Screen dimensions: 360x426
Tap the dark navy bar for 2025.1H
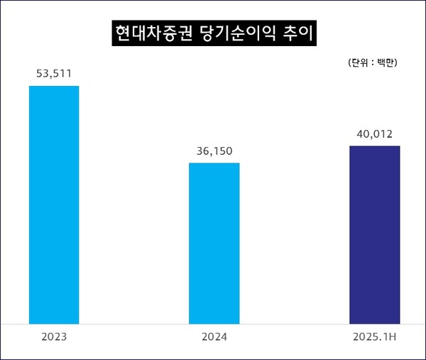(374, 235)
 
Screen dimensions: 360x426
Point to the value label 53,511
(54, 73)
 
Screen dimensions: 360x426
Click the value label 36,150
(214, 151)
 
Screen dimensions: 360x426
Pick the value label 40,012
(374, 133)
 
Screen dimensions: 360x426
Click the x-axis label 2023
(54, 336)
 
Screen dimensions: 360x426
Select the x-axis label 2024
(214, 336)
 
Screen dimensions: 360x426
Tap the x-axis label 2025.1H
(374, 336)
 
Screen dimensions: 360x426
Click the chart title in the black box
(213, 34)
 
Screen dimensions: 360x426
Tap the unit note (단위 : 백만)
(372, 62)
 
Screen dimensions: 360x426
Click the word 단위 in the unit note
(359, 62)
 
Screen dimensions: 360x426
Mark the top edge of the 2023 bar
(54, 86)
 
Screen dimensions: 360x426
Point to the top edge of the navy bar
(374, 146)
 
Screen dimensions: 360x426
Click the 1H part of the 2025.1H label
(389, 336)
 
